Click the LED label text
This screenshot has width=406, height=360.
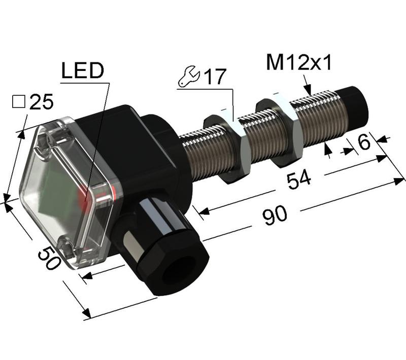pyautogui.click(x=83, y=71)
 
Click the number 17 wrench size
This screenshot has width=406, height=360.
pyautogui.click(x=214, y=78)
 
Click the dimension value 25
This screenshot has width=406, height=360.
pyautogui.click(x=41, y=103)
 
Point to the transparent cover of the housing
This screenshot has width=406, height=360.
pyautogui.click(x=66, y=193)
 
